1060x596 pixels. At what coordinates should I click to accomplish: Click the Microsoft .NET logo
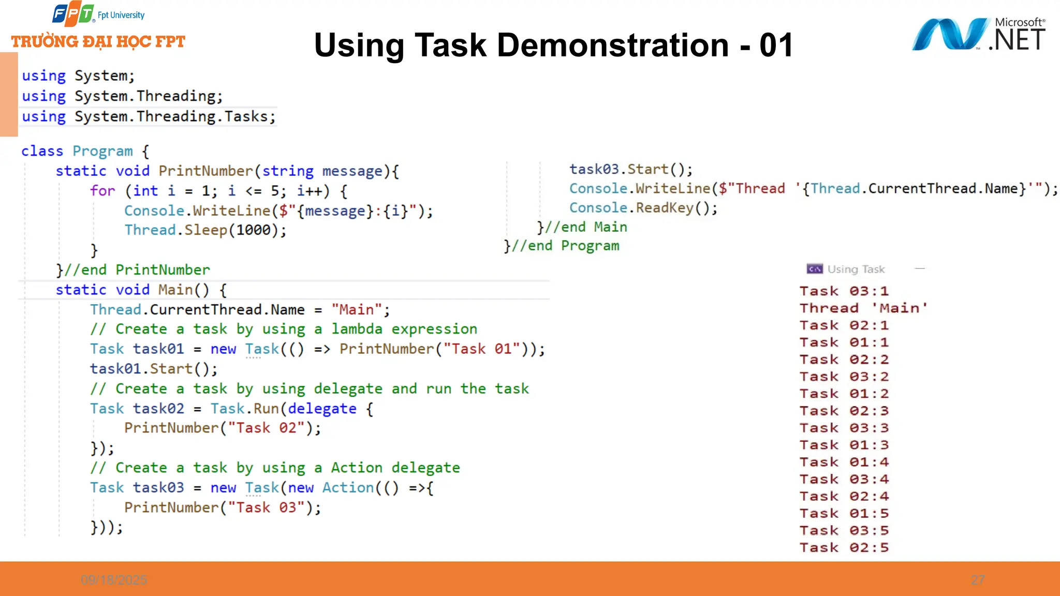[978, 34]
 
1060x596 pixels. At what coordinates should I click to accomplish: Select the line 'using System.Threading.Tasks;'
[149, 117]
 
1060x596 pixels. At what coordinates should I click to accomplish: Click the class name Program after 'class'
[102, 151]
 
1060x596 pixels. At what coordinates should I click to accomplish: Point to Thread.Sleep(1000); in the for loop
[205, 230]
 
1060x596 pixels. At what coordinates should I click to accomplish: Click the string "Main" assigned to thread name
[357, 310]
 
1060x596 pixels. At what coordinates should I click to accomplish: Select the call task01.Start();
[154, 369]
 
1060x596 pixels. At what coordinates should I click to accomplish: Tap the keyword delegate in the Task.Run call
[322, 409]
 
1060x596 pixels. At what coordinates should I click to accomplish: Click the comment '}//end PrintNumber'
[133, 270]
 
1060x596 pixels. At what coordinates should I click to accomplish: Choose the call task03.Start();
[630, 170]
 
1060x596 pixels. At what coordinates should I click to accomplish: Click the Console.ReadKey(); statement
[643, 208]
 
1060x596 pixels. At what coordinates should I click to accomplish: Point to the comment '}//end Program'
[562, 246]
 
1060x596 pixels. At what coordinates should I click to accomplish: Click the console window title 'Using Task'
[856, 269]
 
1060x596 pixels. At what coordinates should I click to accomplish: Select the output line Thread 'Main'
[863, 308]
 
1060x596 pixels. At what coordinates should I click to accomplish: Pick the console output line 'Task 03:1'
[844, 291]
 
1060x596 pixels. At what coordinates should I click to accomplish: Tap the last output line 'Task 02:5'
[844, 548]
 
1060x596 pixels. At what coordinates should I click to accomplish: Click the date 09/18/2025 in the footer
[114, 580]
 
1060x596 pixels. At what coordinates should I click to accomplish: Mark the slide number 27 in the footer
[978, 580]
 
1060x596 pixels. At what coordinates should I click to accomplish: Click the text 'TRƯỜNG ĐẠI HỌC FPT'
[98, 41]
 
